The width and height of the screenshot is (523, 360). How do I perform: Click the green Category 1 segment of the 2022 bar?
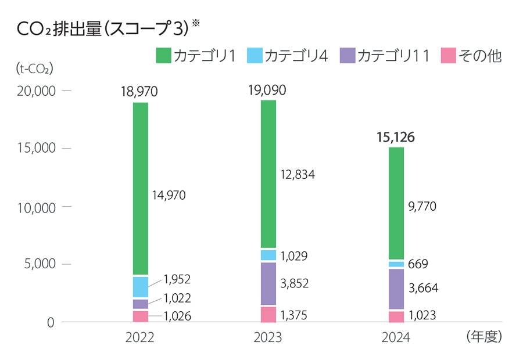pos(141,188)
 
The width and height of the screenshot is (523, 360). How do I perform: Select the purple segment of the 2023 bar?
pos(268,283)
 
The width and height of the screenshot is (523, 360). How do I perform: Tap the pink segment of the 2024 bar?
pos(396,316)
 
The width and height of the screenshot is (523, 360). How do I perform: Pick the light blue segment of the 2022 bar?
pos(141,287)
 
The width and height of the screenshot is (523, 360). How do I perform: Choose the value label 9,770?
pos(422,206)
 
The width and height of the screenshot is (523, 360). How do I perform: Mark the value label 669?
pos(418,264)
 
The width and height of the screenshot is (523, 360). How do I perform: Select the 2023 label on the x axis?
pos(268,338)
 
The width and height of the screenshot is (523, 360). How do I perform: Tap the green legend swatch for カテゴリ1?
pos(164,56)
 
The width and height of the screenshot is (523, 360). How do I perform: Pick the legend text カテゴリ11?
pos(393,56)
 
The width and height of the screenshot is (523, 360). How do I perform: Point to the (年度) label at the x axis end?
pos(483,337)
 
